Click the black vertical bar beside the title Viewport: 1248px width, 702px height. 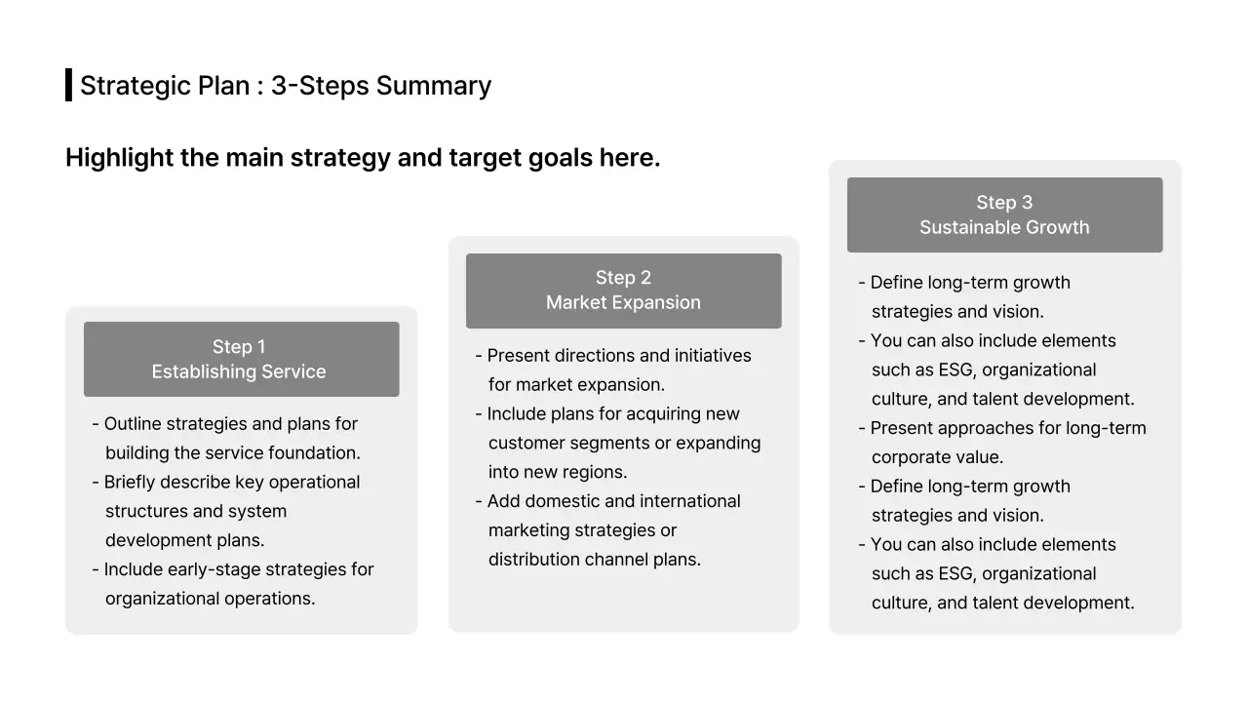click(x=68, y=85)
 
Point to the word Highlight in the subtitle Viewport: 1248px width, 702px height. click(x=119, y=157)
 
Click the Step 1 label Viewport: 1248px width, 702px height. click(x=239, y=347)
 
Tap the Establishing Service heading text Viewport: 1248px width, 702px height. click(x=239, y=371)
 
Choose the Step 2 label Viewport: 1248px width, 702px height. click(x=623, y=278)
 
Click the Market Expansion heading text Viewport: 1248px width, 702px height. click(x=623, y=302)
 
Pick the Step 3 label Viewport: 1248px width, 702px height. click(x=1004, y=203)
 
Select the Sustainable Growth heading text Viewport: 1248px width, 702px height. click(x=1004, y=227)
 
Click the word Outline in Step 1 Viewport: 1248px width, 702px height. click(x=134, y=424)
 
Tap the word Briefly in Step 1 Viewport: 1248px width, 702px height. click(x=132, y=483)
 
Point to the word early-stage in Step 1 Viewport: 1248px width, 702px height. click(x=214, y=569)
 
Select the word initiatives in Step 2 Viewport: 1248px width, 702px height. click(x=709, y=356)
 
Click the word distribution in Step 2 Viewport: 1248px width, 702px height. click(x=533, y=560)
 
